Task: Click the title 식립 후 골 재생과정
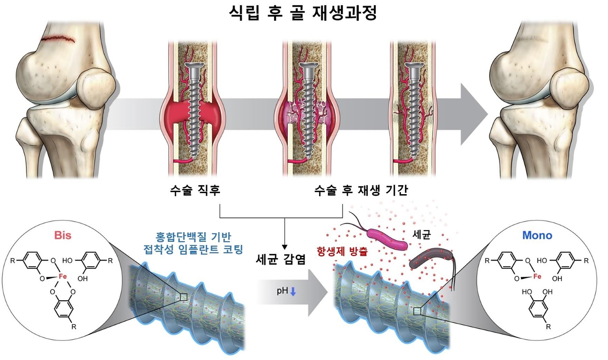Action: click(303, 12)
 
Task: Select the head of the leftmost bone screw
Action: click(193, 66)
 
